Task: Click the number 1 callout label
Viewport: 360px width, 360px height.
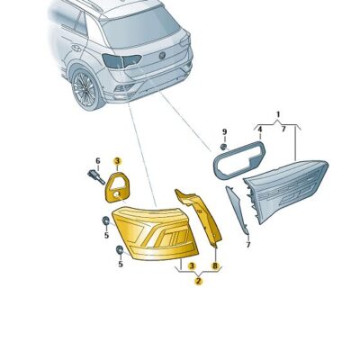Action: tap(278, 114)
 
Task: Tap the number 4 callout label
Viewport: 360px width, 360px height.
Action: tap(260, 130)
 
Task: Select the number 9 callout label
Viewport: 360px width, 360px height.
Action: tap(224, 131)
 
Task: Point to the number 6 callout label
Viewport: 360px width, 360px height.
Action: tap(98, 161)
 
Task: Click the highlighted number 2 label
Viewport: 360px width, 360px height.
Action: tap(198, 281)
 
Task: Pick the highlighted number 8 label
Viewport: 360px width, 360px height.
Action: tap(215, 265)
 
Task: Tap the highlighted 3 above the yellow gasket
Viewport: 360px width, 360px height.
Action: tap(117, 161)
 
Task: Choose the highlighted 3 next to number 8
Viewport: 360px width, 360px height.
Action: tap(192, 265)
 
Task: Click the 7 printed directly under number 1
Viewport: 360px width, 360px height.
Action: tap(283, 130)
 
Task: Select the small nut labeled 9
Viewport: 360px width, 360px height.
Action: tap(223, 147)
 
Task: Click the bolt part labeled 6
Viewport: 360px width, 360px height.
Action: tap(95, 176)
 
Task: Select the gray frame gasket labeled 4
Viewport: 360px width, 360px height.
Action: tap(239, 160)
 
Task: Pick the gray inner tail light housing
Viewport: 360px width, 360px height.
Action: tap(285, 189)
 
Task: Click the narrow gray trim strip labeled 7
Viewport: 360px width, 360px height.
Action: tap(237, 210)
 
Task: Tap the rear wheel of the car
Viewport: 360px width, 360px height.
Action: tap(86, 89)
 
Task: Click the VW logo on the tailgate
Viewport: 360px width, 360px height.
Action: tap(163, 56)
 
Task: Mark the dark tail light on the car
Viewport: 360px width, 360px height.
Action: tap(120, 60)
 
